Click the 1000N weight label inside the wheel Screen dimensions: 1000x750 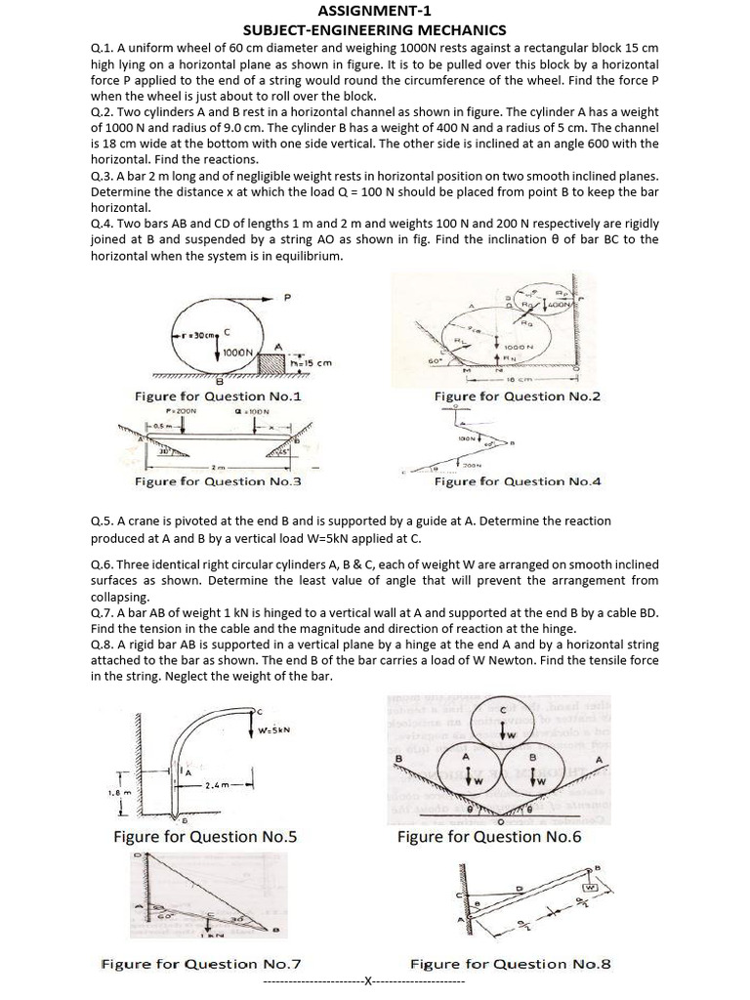(239, 353)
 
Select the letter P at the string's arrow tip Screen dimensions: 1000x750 (287, 299)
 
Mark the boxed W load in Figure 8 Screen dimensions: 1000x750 (591, 887)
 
